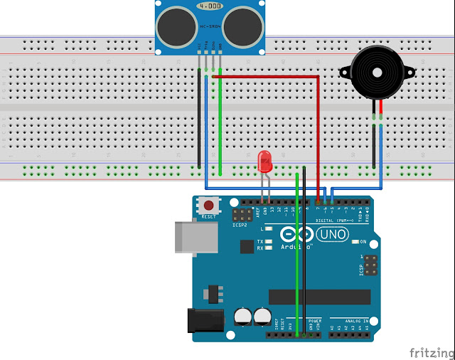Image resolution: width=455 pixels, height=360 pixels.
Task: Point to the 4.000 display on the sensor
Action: click(x=209, y=5)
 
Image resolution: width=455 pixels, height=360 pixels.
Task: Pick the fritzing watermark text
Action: click(x=429, y=351)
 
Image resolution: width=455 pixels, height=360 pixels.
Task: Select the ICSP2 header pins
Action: click(x=243, y=215)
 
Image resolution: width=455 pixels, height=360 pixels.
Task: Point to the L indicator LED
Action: click(x=269, y=229)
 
